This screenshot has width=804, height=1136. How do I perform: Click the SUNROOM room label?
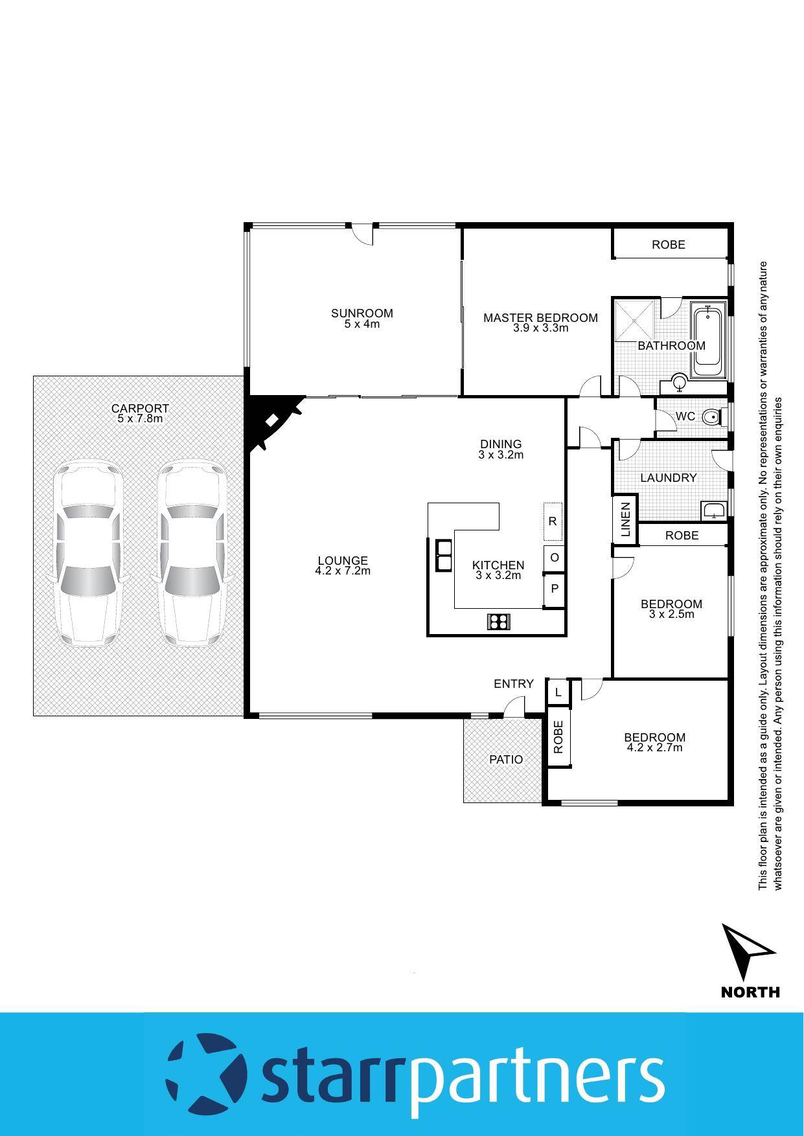[362, 313]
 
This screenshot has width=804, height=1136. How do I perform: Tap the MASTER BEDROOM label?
[540, 318]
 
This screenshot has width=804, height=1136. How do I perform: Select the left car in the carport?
[86, 554]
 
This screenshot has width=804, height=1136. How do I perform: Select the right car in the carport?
[192, 554]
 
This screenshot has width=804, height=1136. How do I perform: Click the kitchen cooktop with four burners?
[498, 622]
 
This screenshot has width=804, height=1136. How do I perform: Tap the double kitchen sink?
[444, 555]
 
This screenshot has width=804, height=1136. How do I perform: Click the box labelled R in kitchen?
[553, 521]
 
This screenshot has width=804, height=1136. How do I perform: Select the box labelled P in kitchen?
[555, 589]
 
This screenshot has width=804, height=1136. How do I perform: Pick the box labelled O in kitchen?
[555, 557]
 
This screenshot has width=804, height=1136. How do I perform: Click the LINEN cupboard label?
[626, 519]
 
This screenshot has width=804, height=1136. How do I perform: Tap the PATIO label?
[506, 759]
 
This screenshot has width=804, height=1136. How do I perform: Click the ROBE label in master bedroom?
[668, 245]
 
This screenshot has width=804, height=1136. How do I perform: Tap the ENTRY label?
[513, 684]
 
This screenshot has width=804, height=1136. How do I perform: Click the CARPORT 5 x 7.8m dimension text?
[140, 419]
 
